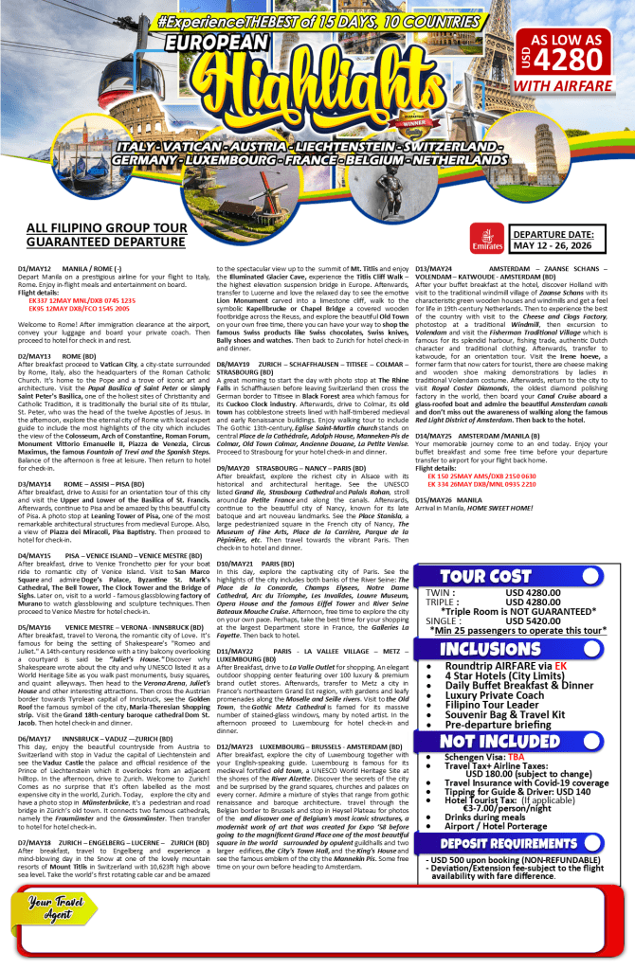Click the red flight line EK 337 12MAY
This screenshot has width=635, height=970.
point(82,299)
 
